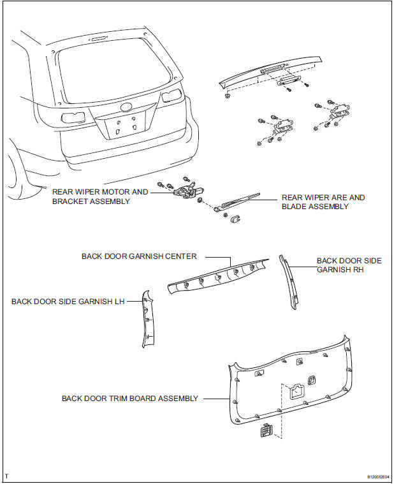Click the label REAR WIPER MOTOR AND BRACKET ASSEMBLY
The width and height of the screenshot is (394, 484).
pos(101,196)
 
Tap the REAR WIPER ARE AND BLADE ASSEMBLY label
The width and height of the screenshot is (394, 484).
pos(323,202)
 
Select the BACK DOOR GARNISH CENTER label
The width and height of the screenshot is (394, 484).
pos(139,256)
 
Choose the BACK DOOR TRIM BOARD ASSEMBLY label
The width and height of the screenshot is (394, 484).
pos(129,399)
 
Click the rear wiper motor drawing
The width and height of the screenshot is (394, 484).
pos(186,190)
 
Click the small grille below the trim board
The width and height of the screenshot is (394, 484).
pos(265,432)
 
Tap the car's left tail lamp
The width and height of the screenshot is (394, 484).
pos(71,117)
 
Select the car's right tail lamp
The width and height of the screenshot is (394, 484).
pos(170,96)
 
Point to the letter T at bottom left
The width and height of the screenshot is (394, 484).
pos(7,476)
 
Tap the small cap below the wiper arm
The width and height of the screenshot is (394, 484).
pos(233,220)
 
